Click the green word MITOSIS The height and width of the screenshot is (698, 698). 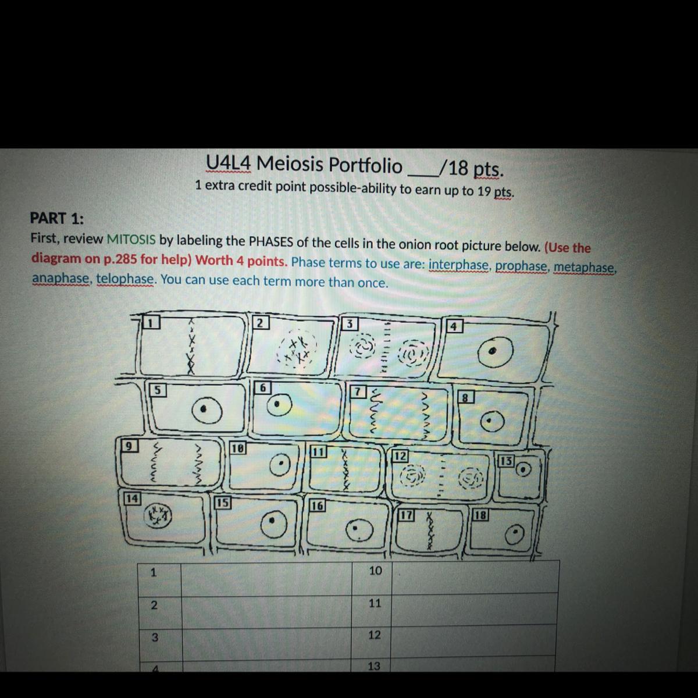[x=131, y=240]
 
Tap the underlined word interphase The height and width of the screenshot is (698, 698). [x=458, y=265]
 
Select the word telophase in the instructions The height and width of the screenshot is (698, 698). [x=125, y=280]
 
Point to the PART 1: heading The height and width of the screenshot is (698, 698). [x=57, y=218]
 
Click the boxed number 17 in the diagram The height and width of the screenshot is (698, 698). [x=406, y=515]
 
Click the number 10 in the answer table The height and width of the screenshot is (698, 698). [x=376, y=571]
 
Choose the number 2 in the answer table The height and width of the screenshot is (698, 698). [x=154, y=605]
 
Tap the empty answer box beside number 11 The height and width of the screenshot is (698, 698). [x=475, y=603]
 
